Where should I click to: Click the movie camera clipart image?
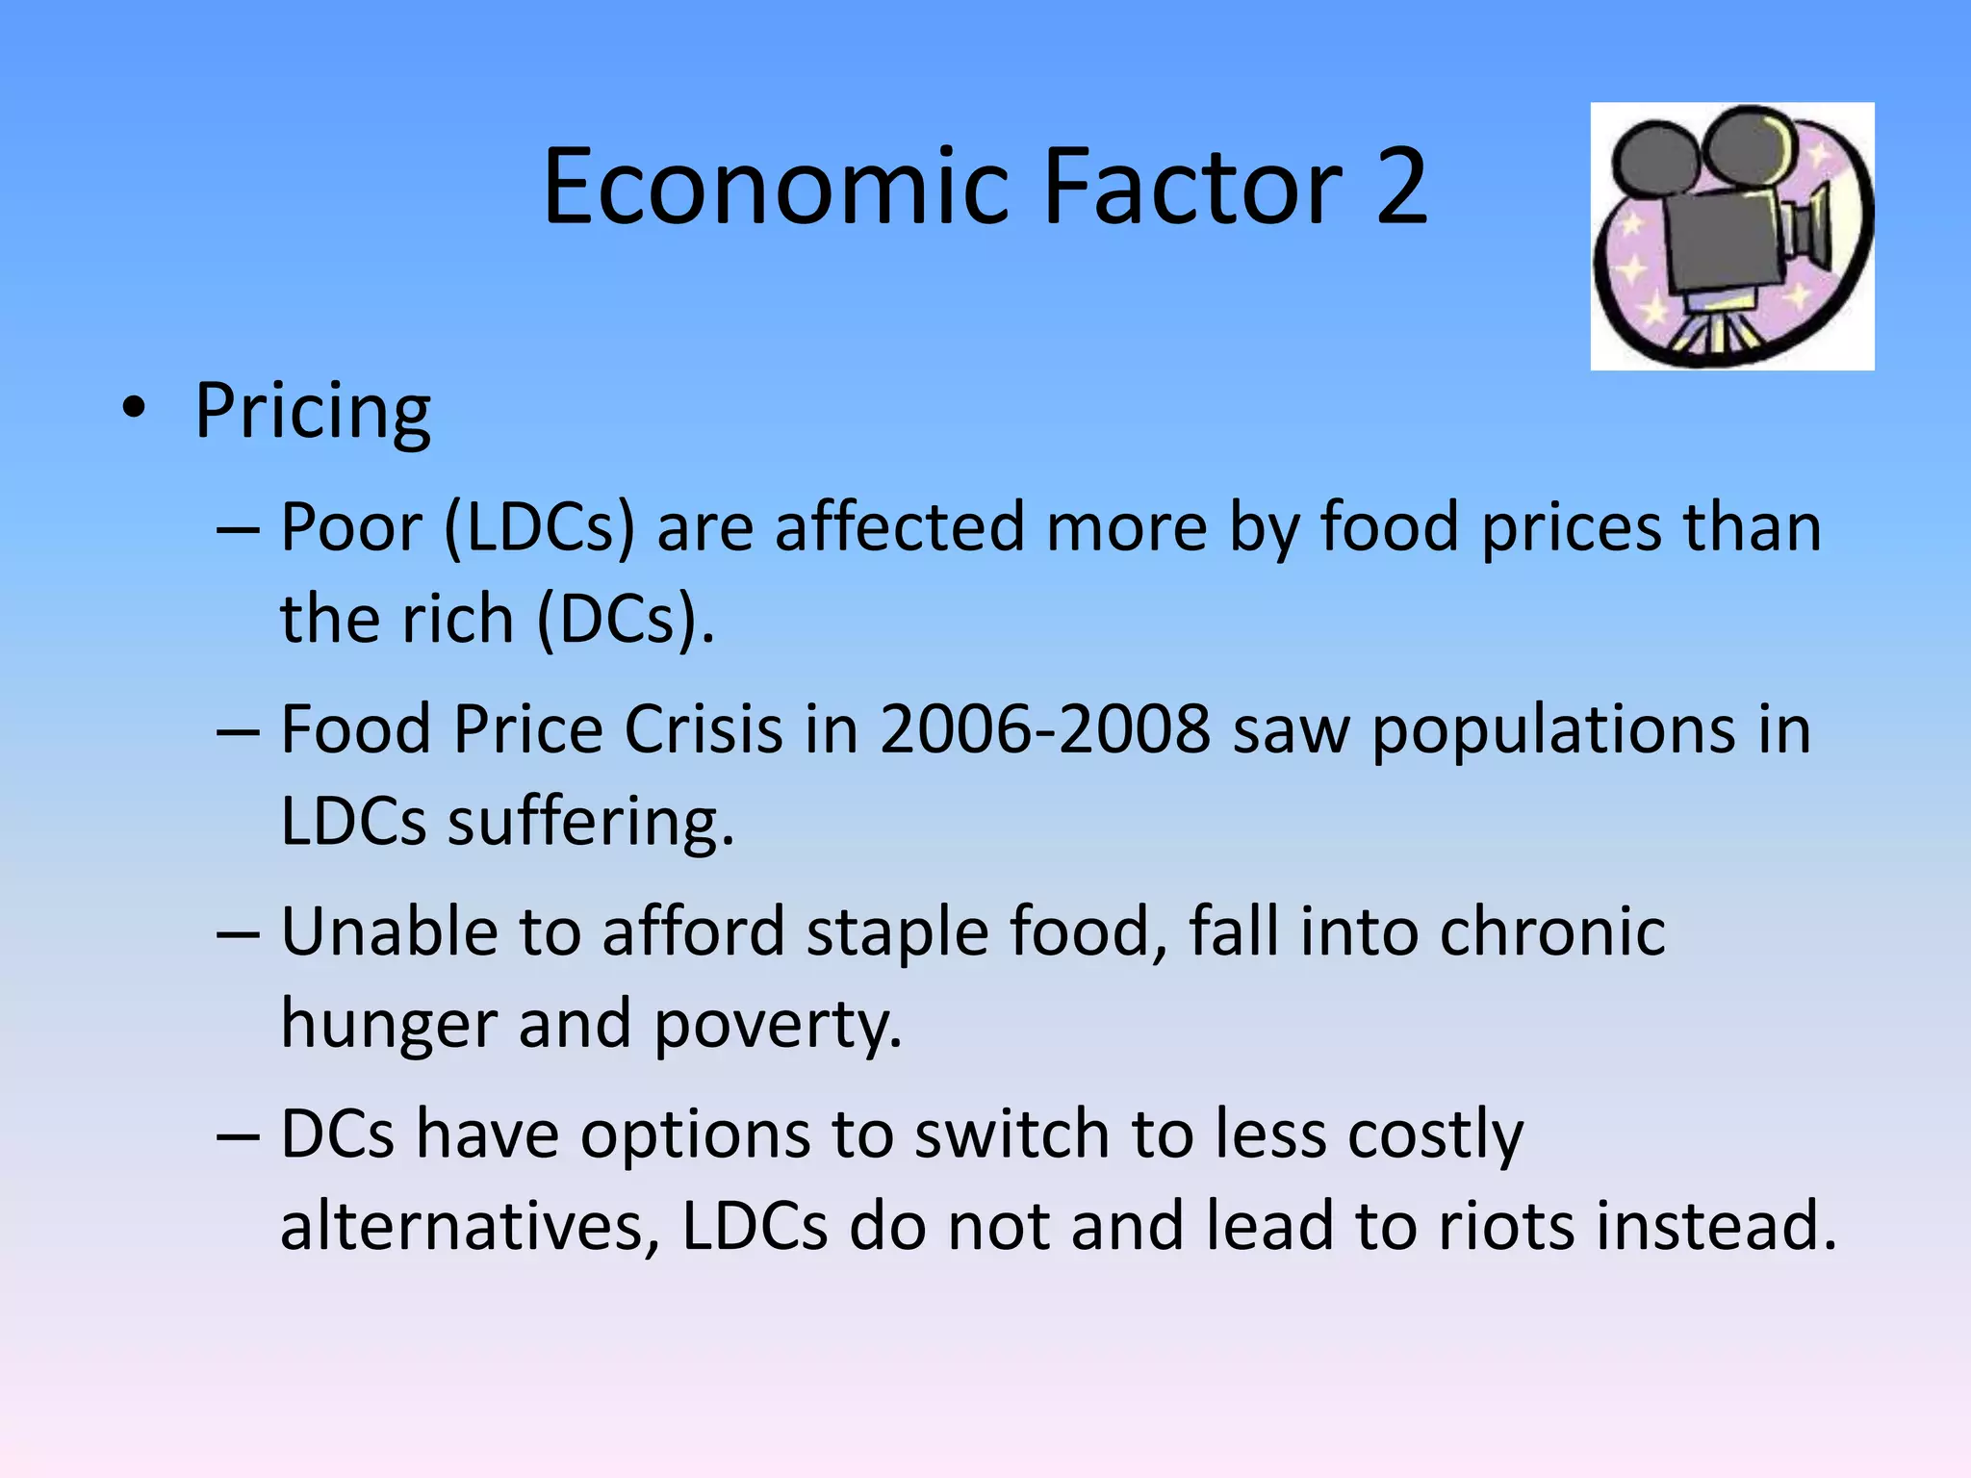pos(1731,236)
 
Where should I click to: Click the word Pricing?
pos(313,412)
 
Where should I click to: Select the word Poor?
pos(351,528)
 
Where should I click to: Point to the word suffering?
pos(590,823)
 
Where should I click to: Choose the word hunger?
pos(388,1025)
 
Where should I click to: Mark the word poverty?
pos(778,1025)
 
